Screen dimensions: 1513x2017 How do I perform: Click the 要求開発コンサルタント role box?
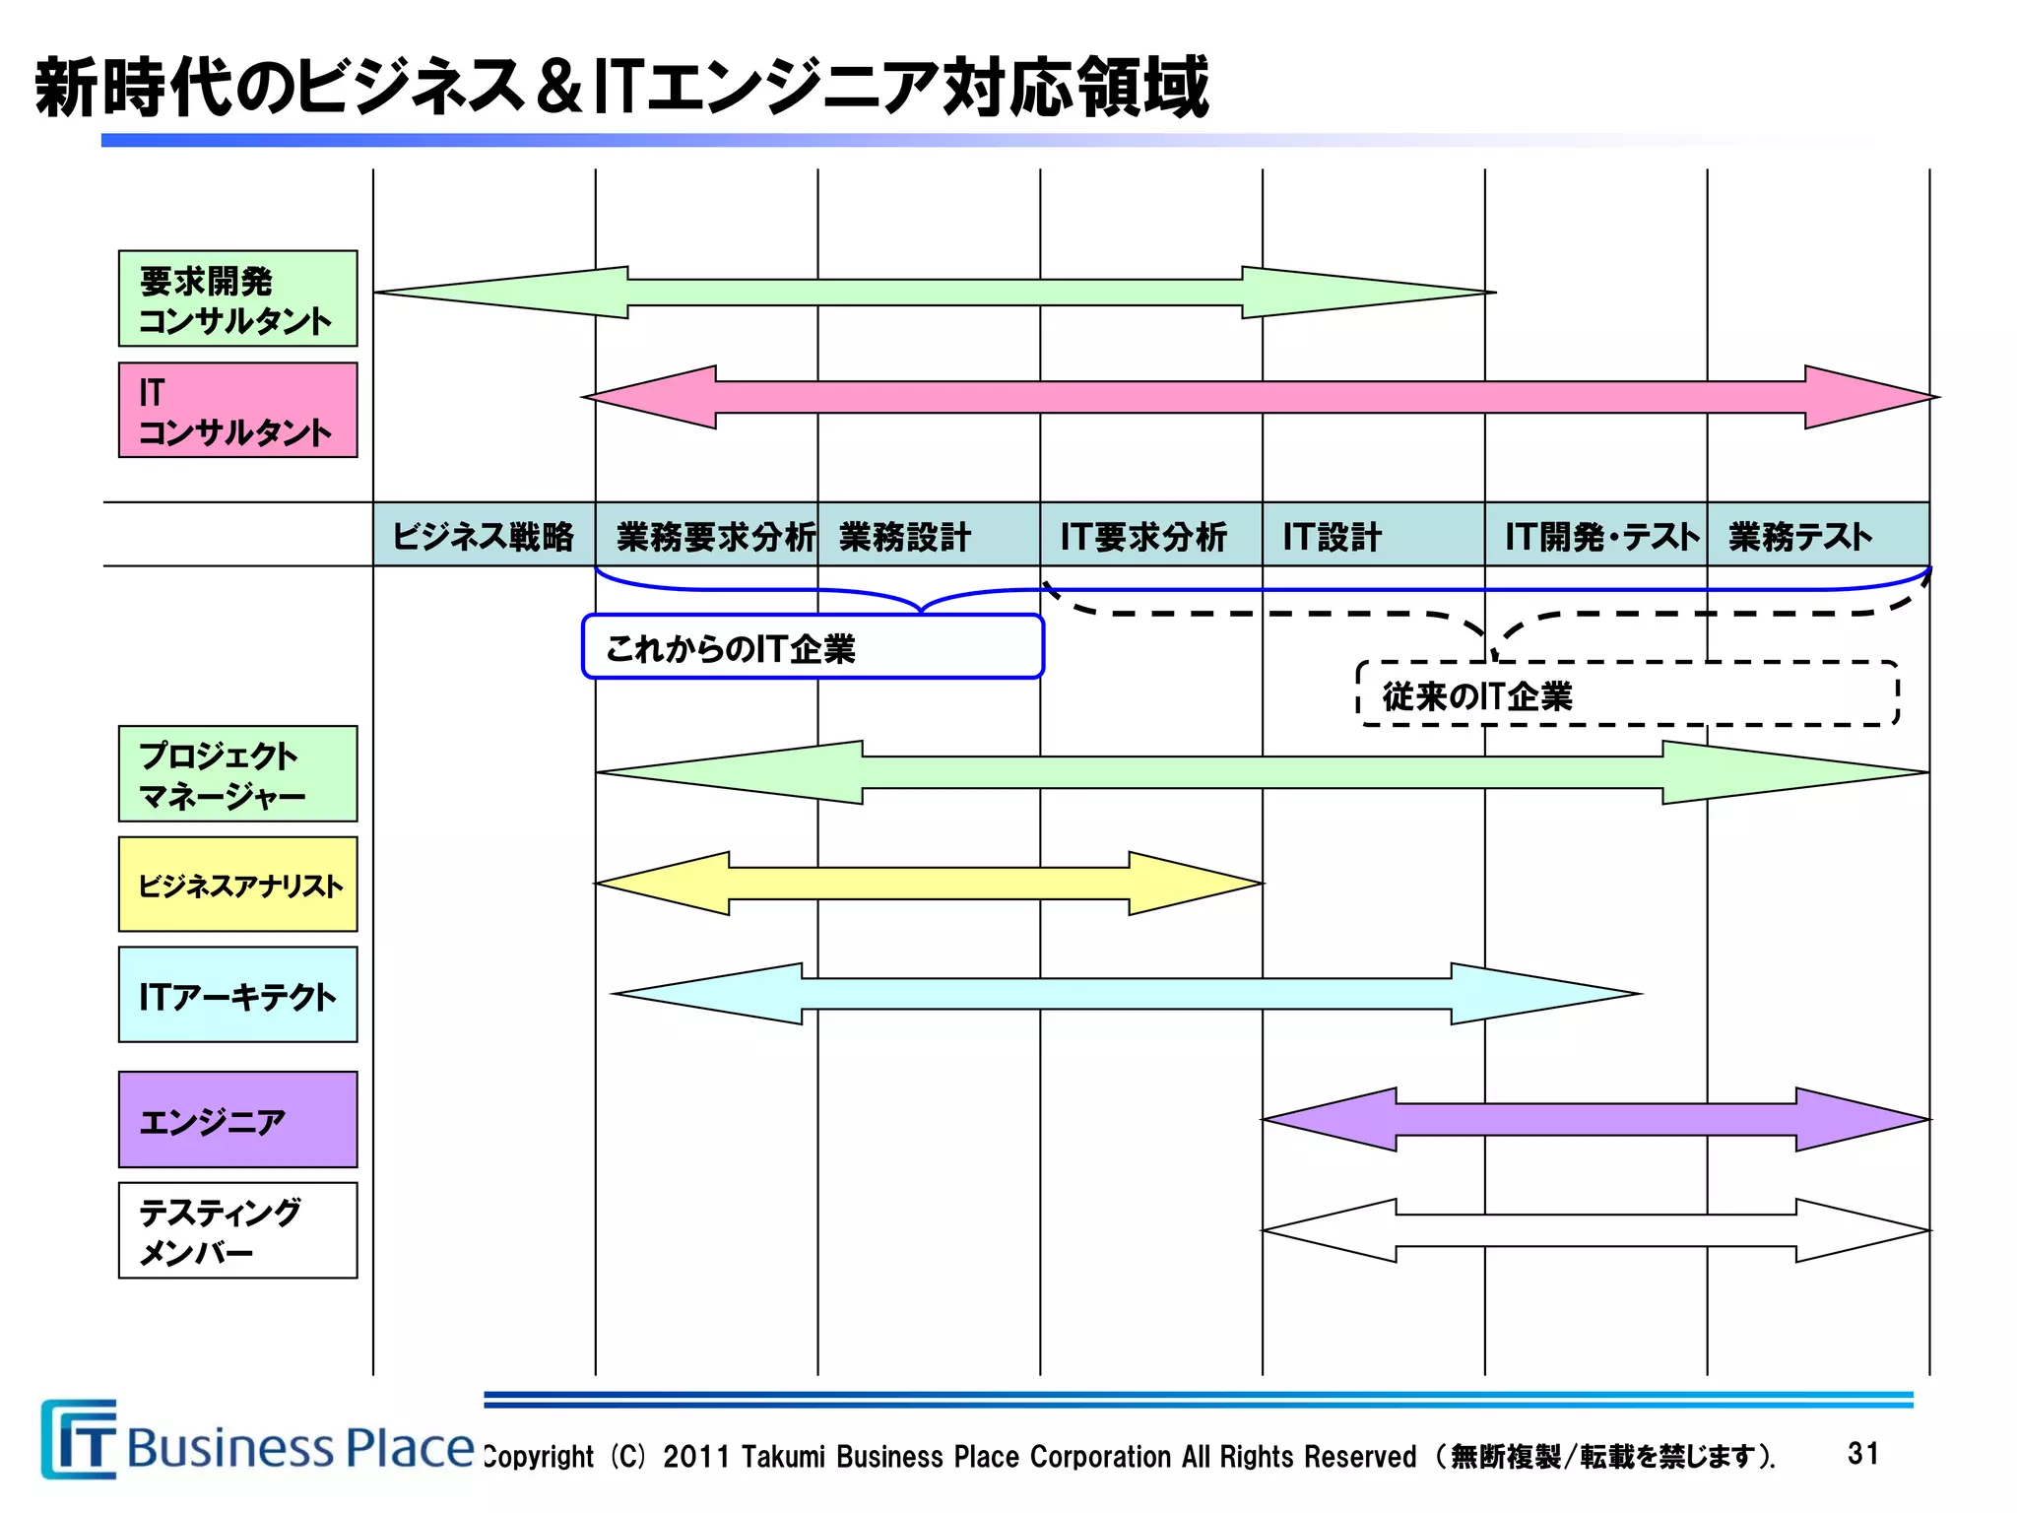pos(237,298)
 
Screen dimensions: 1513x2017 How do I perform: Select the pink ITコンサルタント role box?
pos(237,410)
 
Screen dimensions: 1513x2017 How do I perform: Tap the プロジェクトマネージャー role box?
pos(237,774)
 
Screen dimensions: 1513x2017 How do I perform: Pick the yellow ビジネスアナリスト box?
pos(237,885)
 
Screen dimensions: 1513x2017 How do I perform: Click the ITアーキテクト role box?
pos(237,995)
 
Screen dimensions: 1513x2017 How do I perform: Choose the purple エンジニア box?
pos(237,1120)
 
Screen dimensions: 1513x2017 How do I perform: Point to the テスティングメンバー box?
pos(237,1230)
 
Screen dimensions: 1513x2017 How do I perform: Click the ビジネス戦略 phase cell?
pos(484,535)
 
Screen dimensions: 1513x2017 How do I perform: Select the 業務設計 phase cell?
pos(929,535)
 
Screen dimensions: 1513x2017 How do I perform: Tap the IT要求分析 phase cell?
pos(1151,535)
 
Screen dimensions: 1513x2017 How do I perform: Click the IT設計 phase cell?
pos(1374,535)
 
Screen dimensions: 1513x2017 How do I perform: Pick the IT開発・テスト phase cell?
pos(1596,535)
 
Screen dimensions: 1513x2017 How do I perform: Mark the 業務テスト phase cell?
pos(1818,535)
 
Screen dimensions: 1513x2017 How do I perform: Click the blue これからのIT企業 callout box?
pos(813,647)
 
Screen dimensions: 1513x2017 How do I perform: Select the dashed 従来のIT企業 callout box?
pos(1627,694)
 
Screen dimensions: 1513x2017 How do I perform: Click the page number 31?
pos(1862,1453)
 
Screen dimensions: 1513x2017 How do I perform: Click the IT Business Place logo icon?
pos(79,1440)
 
